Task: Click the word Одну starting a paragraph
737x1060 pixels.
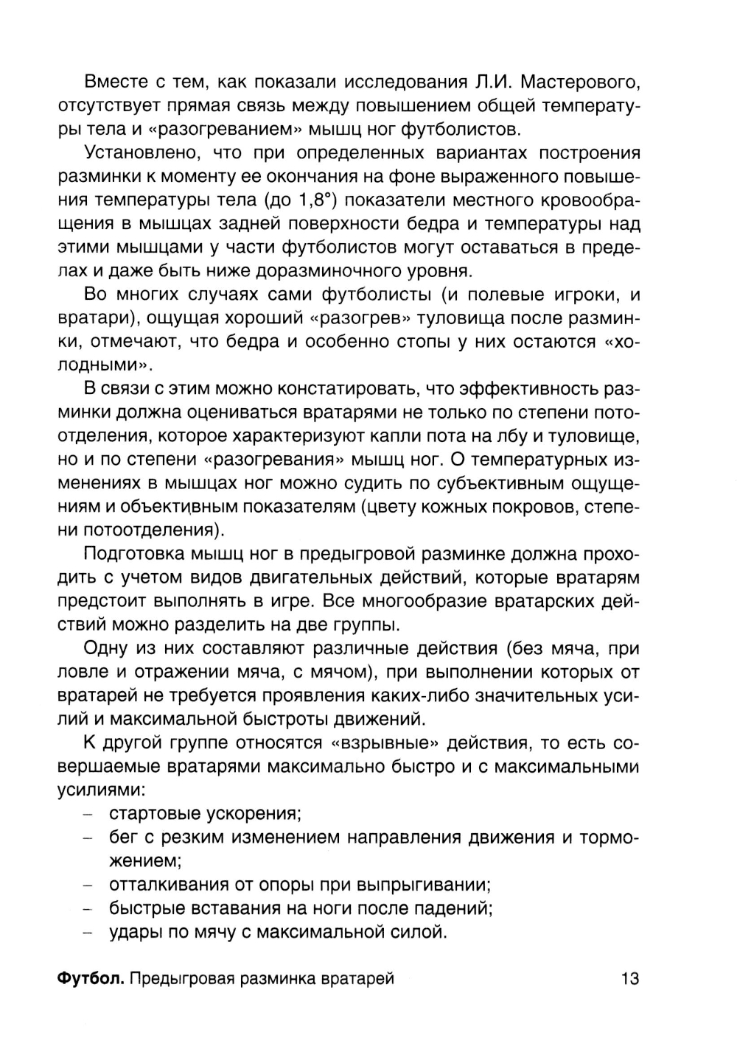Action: coord(107,648)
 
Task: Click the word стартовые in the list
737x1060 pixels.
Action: coord(158,813)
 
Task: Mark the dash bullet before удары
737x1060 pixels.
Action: coord(88,932)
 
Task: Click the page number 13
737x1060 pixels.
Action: coord(630,978)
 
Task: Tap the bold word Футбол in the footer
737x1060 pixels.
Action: coord(90,978)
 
